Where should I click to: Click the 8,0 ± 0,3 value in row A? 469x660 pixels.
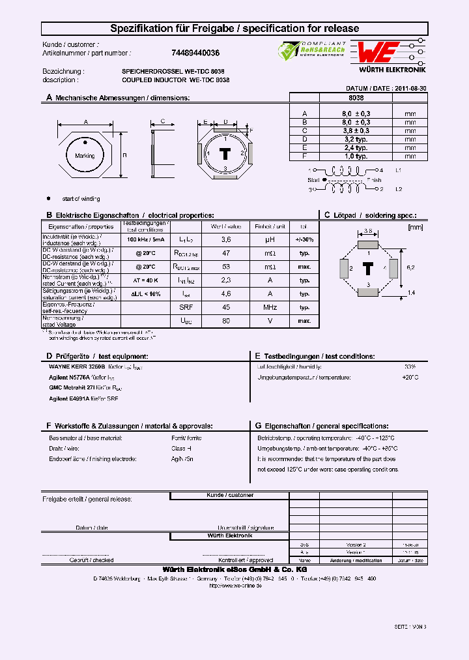click(x=356, y=113)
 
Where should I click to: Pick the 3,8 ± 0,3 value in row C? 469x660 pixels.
click(x=356, y=130)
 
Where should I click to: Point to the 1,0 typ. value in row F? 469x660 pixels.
click(x=356, y=156)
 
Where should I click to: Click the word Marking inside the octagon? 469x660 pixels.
click(x=85, y=156)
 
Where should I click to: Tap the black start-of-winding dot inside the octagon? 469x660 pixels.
click(x=85, y=141)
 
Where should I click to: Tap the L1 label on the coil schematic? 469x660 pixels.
click(x=399, y=170)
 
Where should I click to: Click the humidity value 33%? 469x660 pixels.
click(x=410, y=367)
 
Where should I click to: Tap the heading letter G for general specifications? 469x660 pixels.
click(x=258, y=425)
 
